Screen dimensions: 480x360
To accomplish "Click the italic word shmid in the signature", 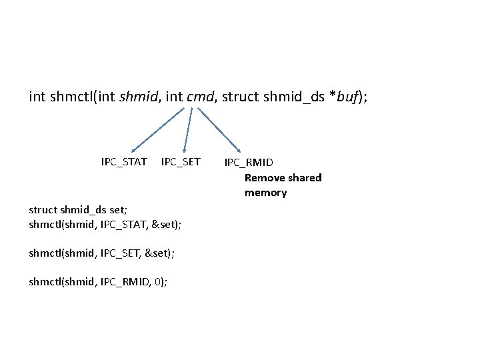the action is point(137,98).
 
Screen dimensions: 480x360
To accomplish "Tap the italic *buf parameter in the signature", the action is point(347,98).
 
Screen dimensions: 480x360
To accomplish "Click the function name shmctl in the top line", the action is point(71,98).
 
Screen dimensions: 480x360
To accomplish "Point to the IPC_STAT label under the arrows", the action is point(124,162).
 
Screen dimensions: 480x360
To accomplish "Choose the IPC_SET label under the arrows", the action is point(181,162).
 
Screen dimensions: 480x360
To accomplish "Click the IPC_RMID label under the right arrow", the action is point(249,163).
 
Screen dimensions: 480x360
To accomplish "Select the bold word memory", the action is point(265,193).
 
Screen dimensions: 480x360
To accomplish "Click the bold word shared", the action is point(303,178).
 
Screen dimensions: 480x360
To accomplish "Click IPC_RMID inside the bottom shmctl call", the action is point(123,282).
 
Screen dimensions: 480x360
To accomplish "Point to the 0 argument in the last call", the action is point(157,282).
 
